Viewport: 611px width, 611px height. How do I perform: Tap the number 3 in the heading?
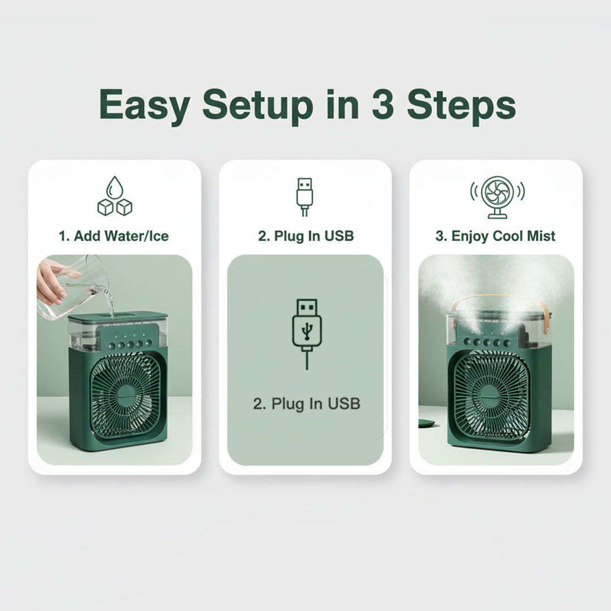click(382, 104)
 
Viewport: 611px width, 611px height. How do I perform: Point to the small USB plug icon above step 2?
click(305, 197)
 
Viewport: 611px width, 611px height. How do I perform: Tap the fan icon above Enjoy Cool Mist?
click(497, 197)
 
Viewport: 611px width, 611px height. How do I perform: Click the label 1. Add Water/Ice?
click(114, 236)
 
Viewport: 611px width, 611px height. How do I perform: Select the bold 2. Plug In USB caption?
click(306, 236)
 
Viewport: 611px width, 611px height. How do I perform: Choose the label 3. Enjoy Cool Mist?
click(495, 236)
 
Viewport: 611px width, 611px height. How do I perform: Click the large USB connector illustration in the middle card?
click(307, 334)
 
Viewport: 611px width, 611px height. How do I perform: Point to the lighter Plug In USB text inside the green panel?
click(307, 404)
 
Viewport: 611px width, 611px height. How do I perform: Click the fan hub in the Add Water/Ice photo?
click(123, 397)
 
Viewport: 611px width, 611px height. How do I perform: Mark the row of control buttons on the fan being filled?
click(130, 345)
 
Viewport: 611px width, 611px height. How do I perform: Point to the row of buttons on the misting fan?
click(487, 342)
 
